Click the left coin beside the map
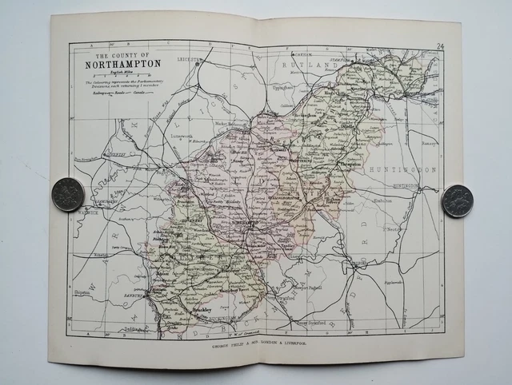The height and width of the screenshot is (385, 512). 67,194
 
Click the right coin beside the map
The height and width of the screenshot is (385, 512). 457,200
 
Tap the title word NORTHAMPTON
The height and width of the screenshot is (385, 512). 118,64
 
